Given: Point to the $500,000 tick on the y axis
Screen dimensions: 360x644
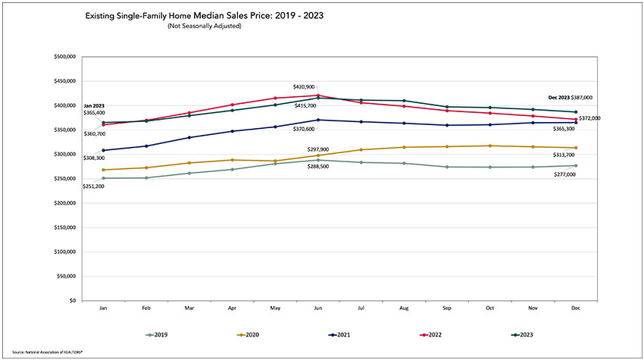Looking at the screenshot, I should pos(65,57).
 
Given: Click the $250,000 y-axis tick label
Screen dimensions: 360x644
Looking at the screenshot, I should pos(65,179).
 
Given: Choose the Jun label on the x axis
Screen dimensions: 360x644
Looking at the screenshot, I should pos(318,308).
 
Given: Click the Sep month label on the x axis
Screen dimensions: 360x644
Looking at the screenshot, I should pos(447,308).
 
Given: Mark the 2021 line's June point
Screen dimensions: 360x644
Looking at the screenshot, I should pos(318,120).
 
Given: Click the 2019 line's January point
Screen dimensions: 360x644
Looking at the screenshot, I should pos(103,178).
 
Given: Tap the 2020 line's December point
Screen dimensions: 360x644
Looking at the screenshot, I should pos(577,148).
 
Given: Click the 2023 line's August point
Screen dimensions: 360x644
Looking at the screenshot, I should pos(404,101).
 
